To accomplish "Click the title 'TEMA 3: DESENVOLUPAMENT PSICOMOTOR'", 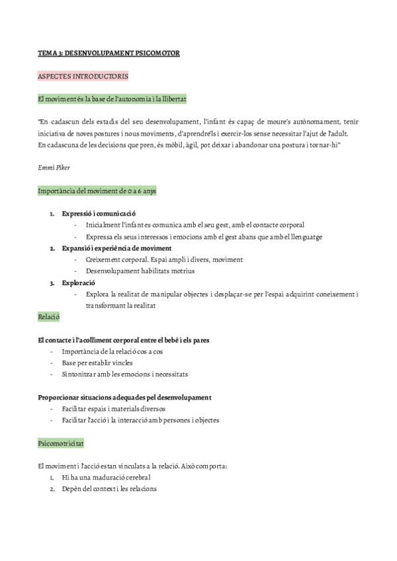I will click(x=109, y=52).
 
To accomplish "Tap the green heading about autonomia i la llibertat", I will click(x=112, y=100).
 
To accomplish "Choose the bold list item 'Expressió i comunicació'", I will click(x=98, y=214).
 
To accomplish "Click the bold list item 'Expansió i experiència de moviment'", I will click(x=116, y=248).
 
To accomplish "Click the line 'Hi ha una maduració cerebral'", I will click(x=106, y=478).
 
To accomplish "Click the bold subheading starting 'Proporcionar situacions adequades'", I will click(x=125, y=398).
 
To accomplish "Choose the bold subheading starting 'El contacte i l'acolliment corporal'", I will click(x=124, y=341).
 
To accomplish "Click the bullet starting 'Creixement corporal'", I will click(x=164, y=259).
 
